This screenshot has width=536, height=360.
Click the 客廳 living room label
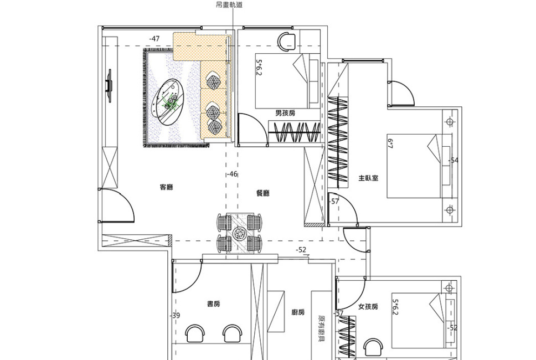[166, 187]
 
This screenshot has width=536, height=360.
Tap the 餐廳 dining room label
[263, 193]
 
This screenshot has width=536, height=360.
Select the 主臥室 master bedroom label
[368, 178]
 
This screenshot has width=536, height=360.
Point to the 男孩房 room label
[285, 113]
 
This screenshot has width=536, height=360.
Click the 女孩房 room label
[368, 307]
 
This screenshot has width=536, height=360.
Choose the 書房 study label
[214, 304]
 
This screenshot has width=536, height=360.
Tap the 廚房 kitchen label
[298, 312]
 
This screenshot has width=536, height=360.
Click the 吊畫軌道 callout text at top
[229, 5]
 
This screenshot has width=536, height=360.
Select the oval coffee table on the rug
[167, 103]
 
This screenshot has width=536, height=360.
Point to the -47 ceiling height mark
[154, 39]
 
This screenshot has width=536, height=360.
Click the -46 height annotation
[232, 174]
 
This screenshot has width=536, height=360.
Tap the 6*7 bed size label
[390, 143]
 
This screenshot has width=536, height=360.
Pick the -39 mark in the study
[175, 316]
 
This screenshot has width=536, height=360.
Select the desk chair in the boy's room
[286, 41]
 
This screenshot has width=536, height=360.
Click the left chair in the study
[195, 333]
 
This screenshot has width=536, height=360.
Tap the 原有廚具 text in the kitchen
[321, 329]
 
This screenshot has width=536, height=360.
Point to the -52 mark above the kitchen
[301, 250]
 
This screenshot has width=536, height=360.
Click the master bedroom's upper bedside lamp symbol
[450, 122]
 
